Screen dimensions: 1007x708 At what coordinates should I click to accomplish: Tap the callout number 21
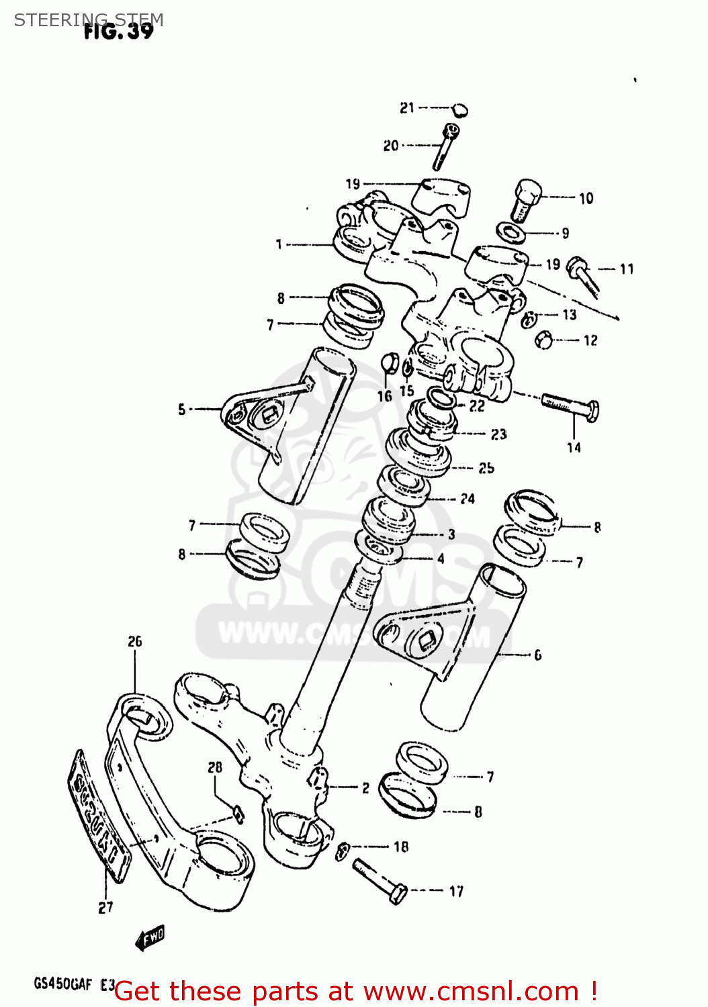(x=407, y=108)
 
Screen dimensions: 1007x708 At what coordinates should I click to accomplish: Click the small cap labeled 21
(x=459, y=109)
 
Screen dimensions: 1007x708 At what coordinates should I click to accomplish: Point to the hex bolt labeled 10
(x=526, y=199)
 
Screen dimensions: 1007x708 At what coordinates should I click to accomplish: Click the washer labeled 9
(x=513, y=232)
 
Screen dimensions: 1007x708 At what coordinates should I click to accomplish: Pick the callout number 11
(x=626, y=269)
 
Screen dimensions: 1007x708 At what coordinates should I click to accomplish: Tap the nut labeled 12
(x=543, y=340)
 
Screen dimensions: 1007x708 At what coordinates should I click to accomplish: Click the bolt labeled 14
(x=570, y=407)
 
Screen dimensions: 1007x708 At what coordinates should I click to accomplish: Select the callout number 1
(x=279, y=245)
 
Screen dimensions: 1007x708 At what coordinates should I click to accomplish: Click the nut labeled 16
(x=389, y=363)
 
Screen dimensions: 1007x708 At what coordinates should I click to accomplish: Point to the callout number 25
(x=486, y=468)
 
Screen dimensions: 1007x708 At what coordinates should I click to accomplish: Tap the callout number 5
(x=181, y=409)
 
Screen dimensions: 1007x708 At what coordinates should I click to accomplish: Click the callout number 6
(x=537, y=655)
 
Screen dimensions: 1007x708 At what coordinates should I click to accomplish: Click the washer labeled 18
(x=342, y=851)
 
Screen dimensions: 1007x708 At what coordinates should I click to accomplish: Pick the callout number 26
(x=135, y=642)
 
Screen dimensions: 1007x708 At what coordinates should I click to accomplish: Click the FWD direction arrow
(x=150, y=937)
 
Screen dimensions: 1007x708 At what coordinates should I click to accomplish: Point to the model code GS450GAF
(x=62, y=984)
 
